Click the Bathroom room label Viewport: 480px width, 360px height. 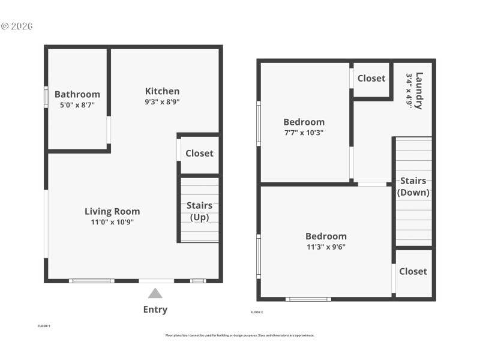(x=77, y=94)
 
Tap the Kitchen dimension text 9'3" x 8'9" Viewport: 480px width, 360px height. (x=162, y=102)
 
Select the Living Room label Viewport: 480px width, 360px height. (x=112, y=211)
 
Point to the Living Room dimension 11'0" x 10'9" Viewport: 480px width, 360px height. (x=112, y=222)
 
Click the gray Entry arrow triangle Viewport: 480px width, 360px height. (x=155, y=293)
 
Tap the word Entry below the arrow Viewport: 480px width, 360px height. (x=155, y=310)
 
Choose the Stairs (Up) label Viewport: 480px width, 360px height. (x=199, y=211)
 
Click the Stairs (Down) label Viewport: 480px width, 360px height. (x=413, y=187)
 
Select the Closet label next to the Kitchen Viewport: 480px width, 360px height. (x=199, y=153)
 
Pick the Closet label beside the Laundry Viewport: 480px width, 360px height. (x=371, y=78)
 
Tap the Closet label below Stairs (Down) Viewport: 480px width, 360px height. (x=413, y=271)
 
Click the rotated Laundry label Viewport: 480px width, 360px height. (x=419, y=91)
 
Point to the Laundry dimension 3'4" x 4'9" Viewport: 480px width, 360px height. (x=409, y=91)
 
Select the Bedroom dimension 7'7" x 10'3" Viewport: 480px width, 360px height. (x=304, y=133)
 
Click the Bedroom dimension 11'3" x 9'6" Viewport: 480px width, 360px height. (x=326, y=247)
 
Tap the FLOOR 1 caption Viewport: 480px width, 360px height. (x=44, y=326)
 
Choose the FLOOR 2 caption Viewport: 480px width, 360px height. (x=256, y=312)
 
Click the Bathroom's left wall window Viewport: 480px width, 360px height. (x=46, y=97)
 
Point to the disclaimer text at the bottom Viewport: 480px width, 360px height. (x=240, y=335)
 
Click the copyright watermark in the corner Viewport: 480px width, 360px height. (x=17, y=26)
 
